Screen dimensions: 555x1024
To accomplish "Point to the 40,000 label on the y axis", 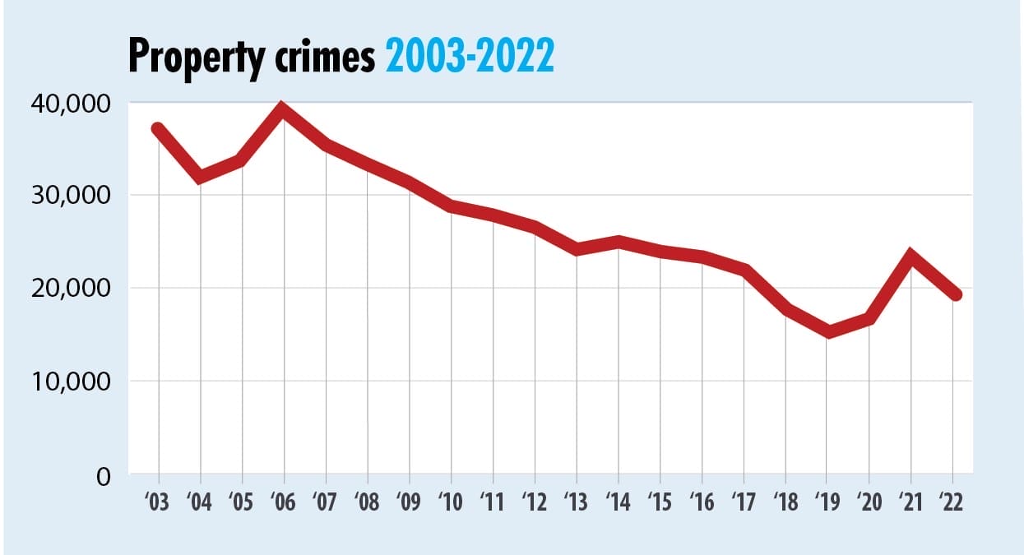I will tap(70, 104).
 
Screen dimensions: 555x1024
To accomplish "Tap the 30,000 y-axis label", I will tap(70, 196).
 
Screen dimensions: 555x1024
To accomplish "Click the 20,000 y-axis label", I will tap(70, 289).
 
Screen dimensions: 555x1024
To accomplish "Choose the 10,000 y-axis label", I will tap(70, 382).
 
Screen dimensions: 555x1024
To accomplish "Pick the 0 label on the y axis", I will tap(102, 474).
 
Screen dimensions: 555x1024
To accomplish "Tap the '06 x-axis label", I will tap(284, 502).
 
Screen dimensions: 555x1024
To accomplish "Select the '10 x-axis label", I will tap(451, 502).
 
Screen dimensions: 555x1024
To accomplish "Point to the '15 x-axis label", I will tap(660, 502).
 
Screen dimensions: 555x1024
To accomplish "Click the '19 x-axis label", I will tap(828, 502).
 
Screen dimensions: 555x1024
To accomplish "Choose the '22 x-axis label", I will tap(953, 502).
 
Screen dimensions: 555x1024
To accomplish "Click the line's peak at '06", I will tap(284, 109).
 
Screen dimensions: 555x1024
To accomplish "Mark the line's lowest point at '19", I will tap(828, 332).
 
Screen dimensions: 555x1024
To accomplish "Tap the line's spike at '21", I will tap(911, 256).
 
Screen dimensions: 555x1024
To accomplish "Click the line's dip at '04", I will tap(200, 177).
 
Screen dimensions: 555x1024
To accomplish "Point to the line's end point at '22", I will tap(954, 294).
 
